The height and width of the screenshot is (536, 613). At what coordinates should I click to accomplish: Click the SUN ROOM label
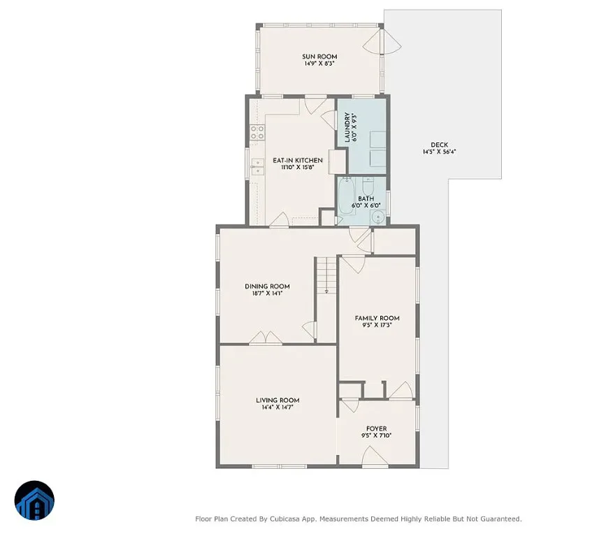[319, 57]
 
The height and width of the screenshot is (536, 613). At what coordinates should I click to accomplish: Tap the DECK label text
[440, 145]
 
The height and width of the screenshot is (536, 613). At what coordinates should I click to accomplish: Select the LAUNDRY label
[347, 127]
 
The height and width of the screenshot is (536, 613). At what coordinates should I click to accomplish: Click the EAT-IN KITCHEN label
[298, 160]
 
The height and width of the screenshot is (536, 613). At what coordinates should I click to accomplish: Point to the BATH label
[366, 199]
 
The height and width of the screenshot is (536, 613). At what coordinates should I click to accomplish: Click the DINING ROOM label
[268, 287]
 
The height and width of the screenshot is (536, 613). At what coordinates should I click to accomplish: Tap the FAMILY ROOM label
[377, 318]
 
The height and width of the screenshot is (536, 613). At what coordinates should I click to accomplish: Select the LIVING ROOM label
[277, 400]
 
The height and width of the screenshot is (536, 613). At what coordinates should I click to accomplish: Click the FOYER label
[377, 429]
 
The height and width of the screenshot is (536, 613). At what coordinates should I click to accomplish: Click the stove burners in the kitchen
[257, 133]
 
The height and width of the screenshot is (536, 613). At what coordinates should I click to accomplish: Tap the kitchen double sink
[257, 166]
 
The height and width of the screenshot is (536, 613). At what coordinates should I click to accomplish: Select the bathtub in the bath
[346, 196]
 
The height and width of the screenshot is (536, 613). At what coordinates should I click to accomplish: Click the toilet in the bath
[368, 187]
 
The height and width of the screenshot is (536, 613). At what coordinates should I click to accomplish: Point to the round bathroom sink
[377, 217]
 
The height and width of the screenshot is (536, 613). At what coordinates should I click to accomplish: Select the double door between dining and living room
[266, 338]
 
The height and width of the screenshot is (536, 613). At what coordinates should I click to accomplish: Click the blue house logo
[34, 501]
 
